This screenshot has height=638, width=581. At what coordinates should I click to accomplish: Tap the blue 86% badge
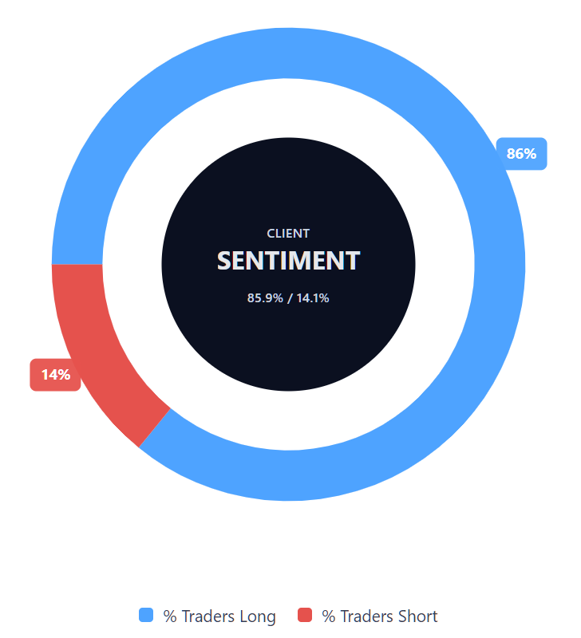[x=521, y=154]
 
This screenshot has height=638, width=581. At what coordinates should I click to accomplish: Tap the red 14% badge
[x=56, y=374]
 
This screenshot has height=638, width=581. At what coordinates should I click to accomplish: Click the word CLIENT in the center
[x=288, y=234]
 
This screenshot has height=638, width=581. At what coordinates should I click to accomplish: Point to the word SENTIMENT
[x=288, y=261]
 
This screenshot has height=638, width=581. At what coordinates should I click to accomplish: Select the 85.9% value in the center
[x=265, y=298]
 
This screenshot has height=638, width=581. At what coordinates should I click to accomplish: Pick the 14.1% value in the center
[x=313, y=298]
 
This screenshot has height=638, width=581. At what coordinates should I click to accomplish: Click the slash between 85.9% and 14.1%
[x=289, y=298]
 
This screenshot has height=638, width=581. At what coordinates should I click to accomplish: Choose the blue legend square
[x=146, y=615]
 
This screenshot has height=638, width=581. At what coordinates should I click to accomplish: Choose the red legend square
[x=304, y=615]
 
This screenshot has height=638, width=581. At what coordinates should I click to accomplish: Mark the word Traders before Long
[x=207, y=616]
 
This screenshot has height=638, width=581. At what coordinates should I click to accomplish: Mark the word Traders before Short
[x=366, y=616]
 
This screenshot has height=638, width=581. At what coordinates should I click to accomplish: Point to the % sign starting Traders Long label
[x=170, y=616]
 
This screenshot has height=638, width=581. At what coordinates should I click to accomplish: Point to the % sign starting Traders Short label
[x=328, y=616]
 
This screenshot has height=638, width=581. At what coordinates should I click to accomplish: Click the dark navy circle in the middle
[x=288, y=351]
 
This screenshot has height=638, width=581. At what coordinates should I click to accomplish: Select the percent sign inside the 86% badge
[x=530, y=154]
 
